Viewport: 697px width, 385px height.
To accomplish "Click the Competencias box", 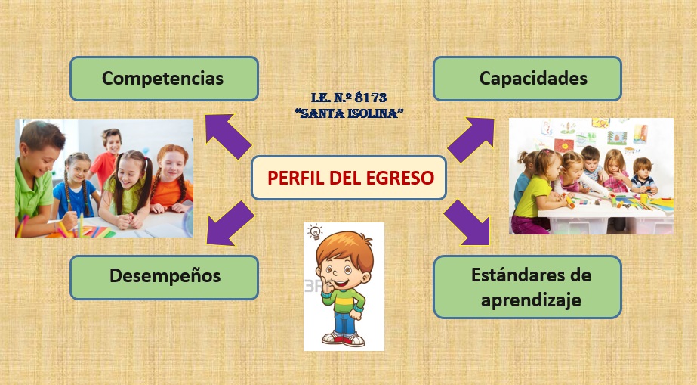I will (x=163, y=79).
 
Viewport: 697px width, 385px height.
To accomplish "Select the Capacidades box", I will (x=527, y=79).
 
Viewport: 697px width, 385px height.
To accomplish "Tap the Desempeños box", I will (x=165, y=276).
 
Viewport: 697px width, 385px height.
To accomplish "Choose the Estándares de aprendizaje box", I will (x=527, y=286).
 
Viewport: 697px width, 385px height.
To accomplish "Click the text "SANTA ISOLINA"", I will (x=349, y=113).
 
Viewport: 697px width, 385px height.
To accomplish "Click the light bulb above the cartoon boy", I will (x=316, y=231).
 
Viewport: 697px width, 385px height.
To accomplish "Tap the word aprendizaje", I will (x=527, y=300).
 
